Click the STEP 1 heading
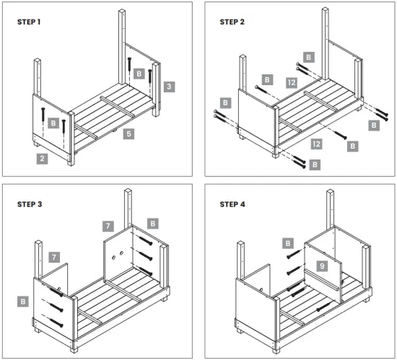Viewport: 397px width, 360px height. click(29, 22)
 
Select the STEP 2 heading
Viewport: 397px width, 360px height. click(232, 22)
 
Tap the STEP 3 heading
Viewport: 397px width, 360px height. click(30, 204)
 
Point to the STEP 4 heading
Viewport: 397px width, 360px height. click(232, 204)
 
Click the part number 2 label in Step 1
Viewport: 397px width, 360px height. click(42, 159)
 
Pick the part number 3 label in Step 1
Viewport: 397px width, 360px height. click(169, 87)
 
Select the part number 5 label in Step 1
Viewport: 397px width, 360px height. click(129, 133)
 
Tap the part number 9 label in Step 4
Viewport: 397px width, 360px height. click(322, 266)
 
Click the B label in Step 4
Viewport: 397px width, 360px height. click(288, 243)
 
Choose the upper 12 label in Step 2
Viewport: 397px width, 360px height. click(292, 83)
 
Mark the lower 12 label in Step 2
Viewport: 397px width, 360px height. click(316, 144)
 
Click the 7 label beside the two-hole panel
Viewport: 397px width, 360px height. click(108, 226)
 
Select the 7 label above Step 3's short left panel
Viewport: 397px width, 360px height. click(54, 258)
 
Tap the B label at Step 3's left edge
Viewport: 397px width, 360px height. click(23, 302)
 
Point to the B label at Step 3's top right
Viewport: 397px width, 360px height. click(153, 224)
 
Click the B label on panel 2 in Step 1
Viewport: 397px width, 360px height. click(53, 123)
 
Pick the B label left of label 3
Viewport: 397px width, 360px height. click(139, 74)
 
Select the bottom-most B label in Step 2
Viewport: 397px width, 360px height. click(315, 164)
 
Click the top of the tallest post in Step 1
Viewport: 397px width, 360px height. click(122, 11)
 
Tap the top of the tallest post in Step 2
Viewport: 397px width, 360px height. click(326, 9)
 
